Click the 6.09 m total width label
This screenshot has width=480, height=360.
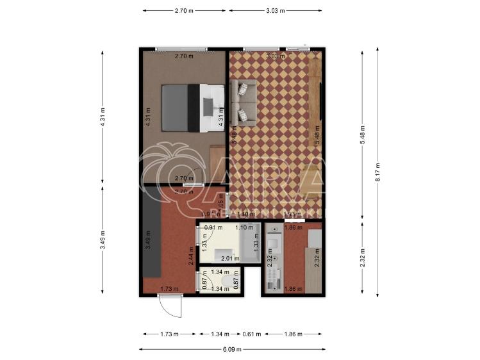tap(233, 348)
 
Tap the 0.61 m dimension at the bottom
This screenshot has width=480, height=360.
tap(252, 334)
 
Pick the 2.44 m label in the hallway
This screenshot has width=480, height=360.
tap(190, 256)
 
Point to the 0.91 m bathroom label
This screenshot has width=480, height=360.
tap(213, 227)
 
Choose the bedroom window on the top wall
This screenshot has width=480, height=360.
tap(181, 48)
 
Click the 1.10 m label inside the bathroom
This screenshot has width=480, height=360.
tap(245, 227)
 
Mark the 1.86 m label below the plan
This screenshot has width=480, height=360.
tap(293, 334)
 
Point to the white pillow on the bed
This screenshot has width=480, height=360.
tap(210, 107)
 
